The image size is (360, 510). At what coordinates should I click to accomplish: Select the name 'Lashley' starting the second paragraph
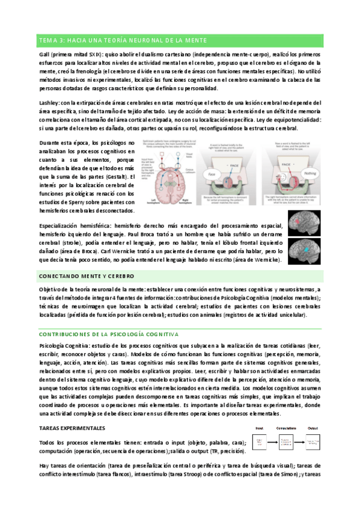pos(50,103)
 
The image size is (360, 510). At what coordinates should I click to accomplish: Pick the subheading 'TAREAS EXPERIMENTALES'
pos(72,428)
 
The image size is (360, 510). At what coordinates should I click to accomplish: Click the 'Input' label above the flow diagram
pos(260,429)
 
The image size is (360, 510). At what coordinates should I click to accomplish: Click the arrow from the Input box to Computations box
pos(272,443)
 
